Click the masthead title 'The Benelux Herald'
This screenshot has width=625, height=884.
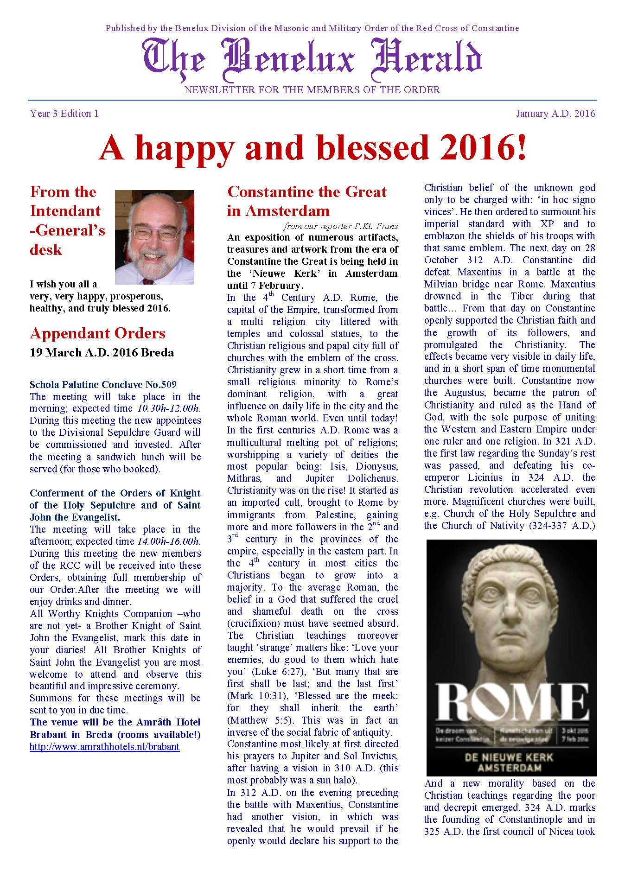coord(312,59)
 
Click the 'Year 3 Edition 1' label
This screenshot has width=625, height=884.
coord(64,114)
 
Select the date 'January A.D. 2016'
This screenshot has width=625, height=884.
coord(555,114)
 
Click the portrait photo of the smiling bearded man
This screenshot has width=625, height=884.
coord(154,237)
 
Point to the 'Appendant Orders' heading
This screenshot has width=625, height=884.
coord(97,333)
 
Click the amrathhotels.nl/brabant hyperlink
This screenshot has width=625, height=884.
coord(104,747)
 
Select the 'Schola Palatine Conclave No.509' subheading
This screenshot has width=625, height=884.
coord(103,384)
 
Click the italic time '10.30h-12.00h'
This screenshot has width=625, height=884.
coord(169,408)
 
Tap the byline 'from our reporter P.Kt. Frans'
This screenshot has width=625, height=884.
coord(341,226)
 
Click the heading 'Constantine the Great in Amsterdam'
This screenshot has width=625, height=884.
coord(306,201)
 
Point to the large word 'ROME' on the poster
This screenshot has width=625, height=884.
coord(511,701)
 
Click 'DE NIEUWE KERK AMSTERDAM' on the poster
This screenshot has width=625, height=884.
coord(509,763)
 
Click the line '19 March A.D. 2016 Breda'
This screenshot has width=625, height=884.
coord(102,353)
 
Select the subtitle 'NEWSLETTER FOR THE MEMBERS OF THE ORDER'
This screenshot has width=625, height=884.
coord(312,90)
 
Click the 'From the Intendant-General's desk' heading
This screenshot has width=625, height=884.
coord(67,221)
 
